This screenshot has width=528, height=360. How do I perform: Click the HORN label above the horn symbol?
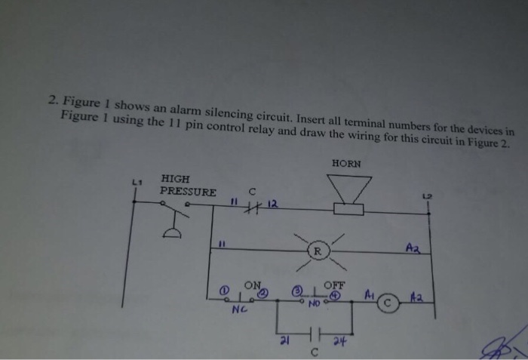[346, 164]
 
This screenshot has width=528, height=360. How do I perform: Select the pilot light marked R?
[318, 251]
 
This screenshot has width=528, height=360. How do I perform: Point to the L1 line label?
[136, 181]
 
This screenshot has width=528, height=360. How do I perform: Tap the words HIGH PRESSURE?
[187, 186]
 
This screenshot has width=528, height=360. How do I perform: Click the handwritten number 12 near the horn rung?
[272, 202]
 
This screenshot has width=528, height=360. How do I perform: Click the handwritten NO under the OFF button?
[314, 303]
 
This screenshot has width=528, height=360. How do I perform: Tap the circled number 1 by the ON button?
[224, 291]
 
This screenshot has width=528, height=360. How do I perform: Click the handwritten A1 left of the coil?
[369, 293]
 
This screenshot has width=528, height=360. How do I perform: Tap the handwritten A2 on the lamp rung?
[411, 247]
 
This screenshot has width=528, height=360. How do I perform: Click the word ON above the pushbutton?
[251, 285]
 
